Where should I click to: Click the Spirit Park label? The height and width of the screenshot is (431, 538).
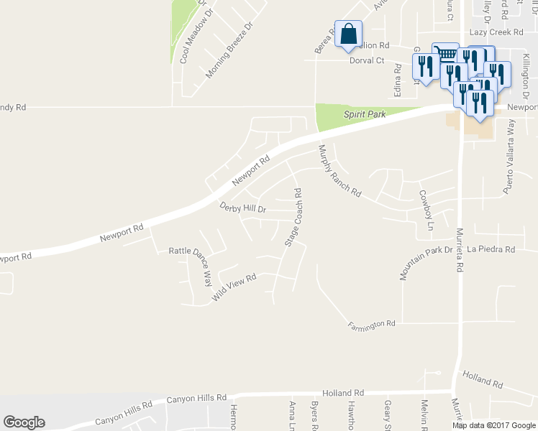[x=365, y=114]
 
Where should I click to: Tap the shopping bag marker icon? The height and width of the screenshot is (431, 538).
[x=348, y=34]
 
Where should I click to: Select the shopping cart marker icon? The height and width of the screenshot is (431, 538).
[x=445, y=54]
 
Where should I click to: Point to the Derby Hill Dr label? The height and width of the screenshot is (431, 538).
[x=242, y=208]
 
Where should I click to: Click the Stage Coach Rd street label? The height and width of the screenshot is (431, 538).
[x=293, y=217]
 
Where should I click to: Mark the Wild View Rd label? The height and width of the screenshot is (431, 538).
[x=234, y=287]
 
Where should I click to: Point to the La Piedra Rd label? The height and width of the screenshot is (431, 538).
[x=491, y=249]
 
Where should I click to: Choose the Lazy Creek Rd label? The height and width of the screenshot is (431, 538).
[x=496, y=32]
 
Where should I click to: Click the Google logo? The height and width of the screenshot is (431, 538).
[x=24, y=422]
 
